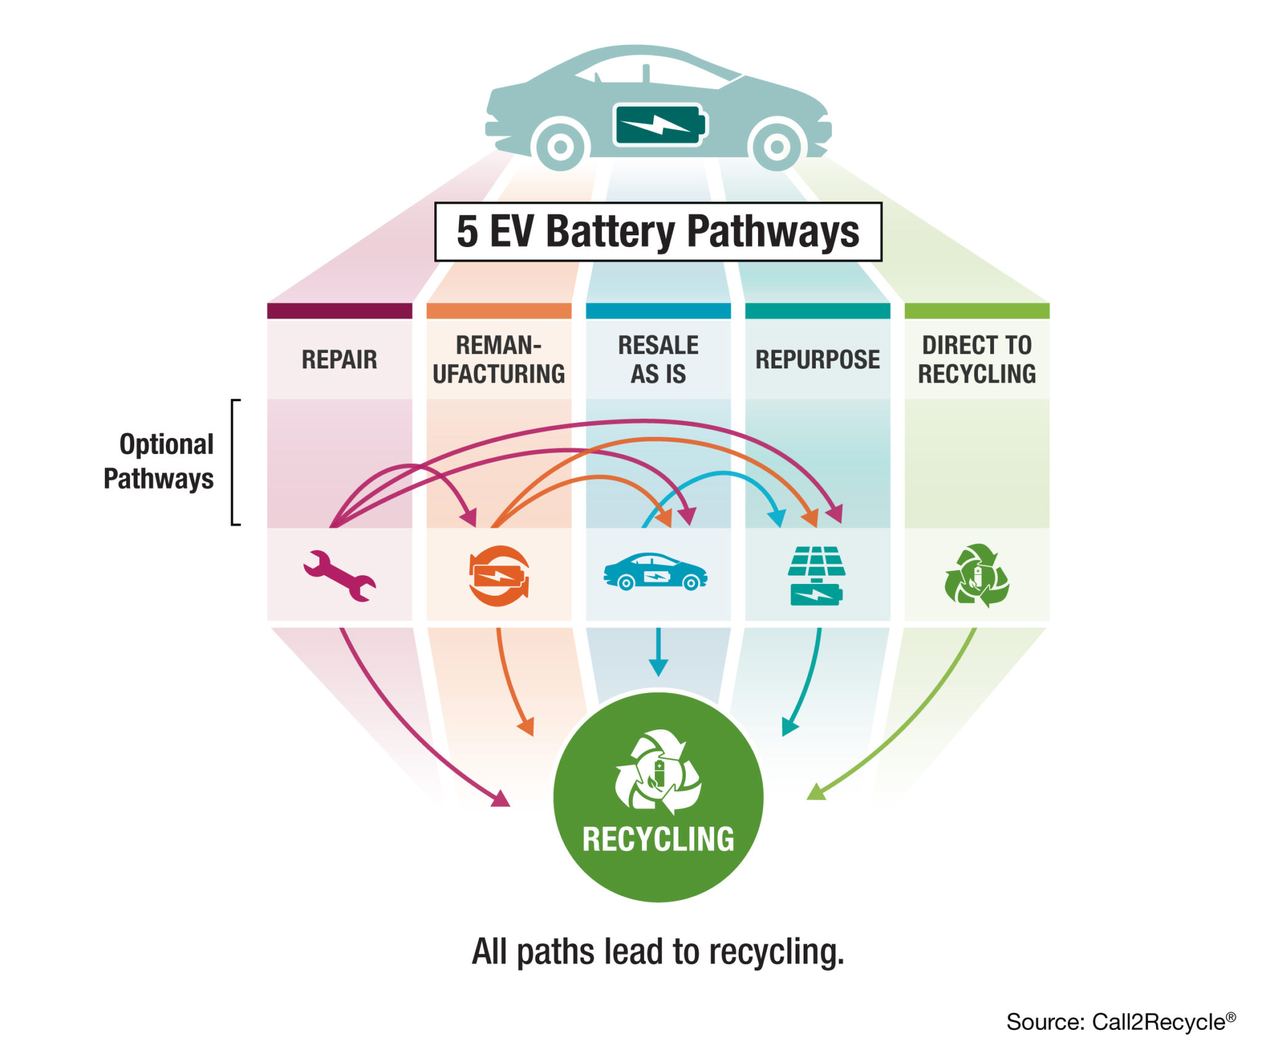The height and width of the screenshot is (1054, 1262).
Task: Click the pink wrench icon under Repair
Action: (x=339, y=575)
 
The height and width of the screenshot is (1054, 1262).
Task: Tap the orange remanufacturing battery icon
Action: (x=499, y=575)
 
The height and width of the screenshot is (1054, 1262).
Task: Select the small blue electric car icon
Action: (x=655, y=571)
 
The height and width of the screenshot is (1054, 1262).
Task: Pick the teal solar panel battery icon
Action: (x=816, y=575)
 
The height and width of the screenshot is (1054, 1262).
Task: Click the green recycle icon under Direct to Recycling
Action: (x=976, y=575)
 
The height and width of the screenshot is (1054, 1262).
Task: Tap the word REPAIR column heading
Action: (x=339, y=359)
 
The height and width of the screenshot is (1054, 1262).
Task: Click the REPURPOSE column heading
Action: (x=817, y=359)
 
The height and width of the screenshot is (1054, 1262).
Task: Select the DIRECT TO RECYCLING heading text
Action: (x=977, y=359)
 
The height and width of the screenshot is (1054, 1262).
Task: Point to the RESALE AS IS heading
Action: (x=658, y=359)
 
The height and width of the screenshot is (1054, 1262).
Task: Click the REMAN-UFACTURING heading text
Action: (x=499, y=359)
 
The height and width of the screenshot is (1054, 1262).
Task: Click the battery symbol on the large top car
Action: (x=659, y=125)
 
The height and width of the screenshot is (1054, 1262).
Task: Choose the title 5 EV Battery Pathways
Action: (x=657, y=232)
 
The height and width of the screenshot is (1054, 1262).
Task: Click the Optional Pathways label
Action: (x=159, y=461)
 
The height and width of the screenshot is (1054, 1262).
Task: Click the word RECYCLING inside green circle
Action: (x=658, y=839)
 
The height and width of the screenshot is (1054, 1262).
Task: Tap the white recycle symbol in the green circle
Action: (x=658, y=771)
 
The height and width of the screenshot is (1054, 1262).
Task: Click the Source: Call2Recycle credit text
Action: (x=1120, y=1021)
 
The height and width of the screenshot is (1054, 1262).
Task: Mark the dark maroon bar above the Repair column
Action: (x=339, y=310)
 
